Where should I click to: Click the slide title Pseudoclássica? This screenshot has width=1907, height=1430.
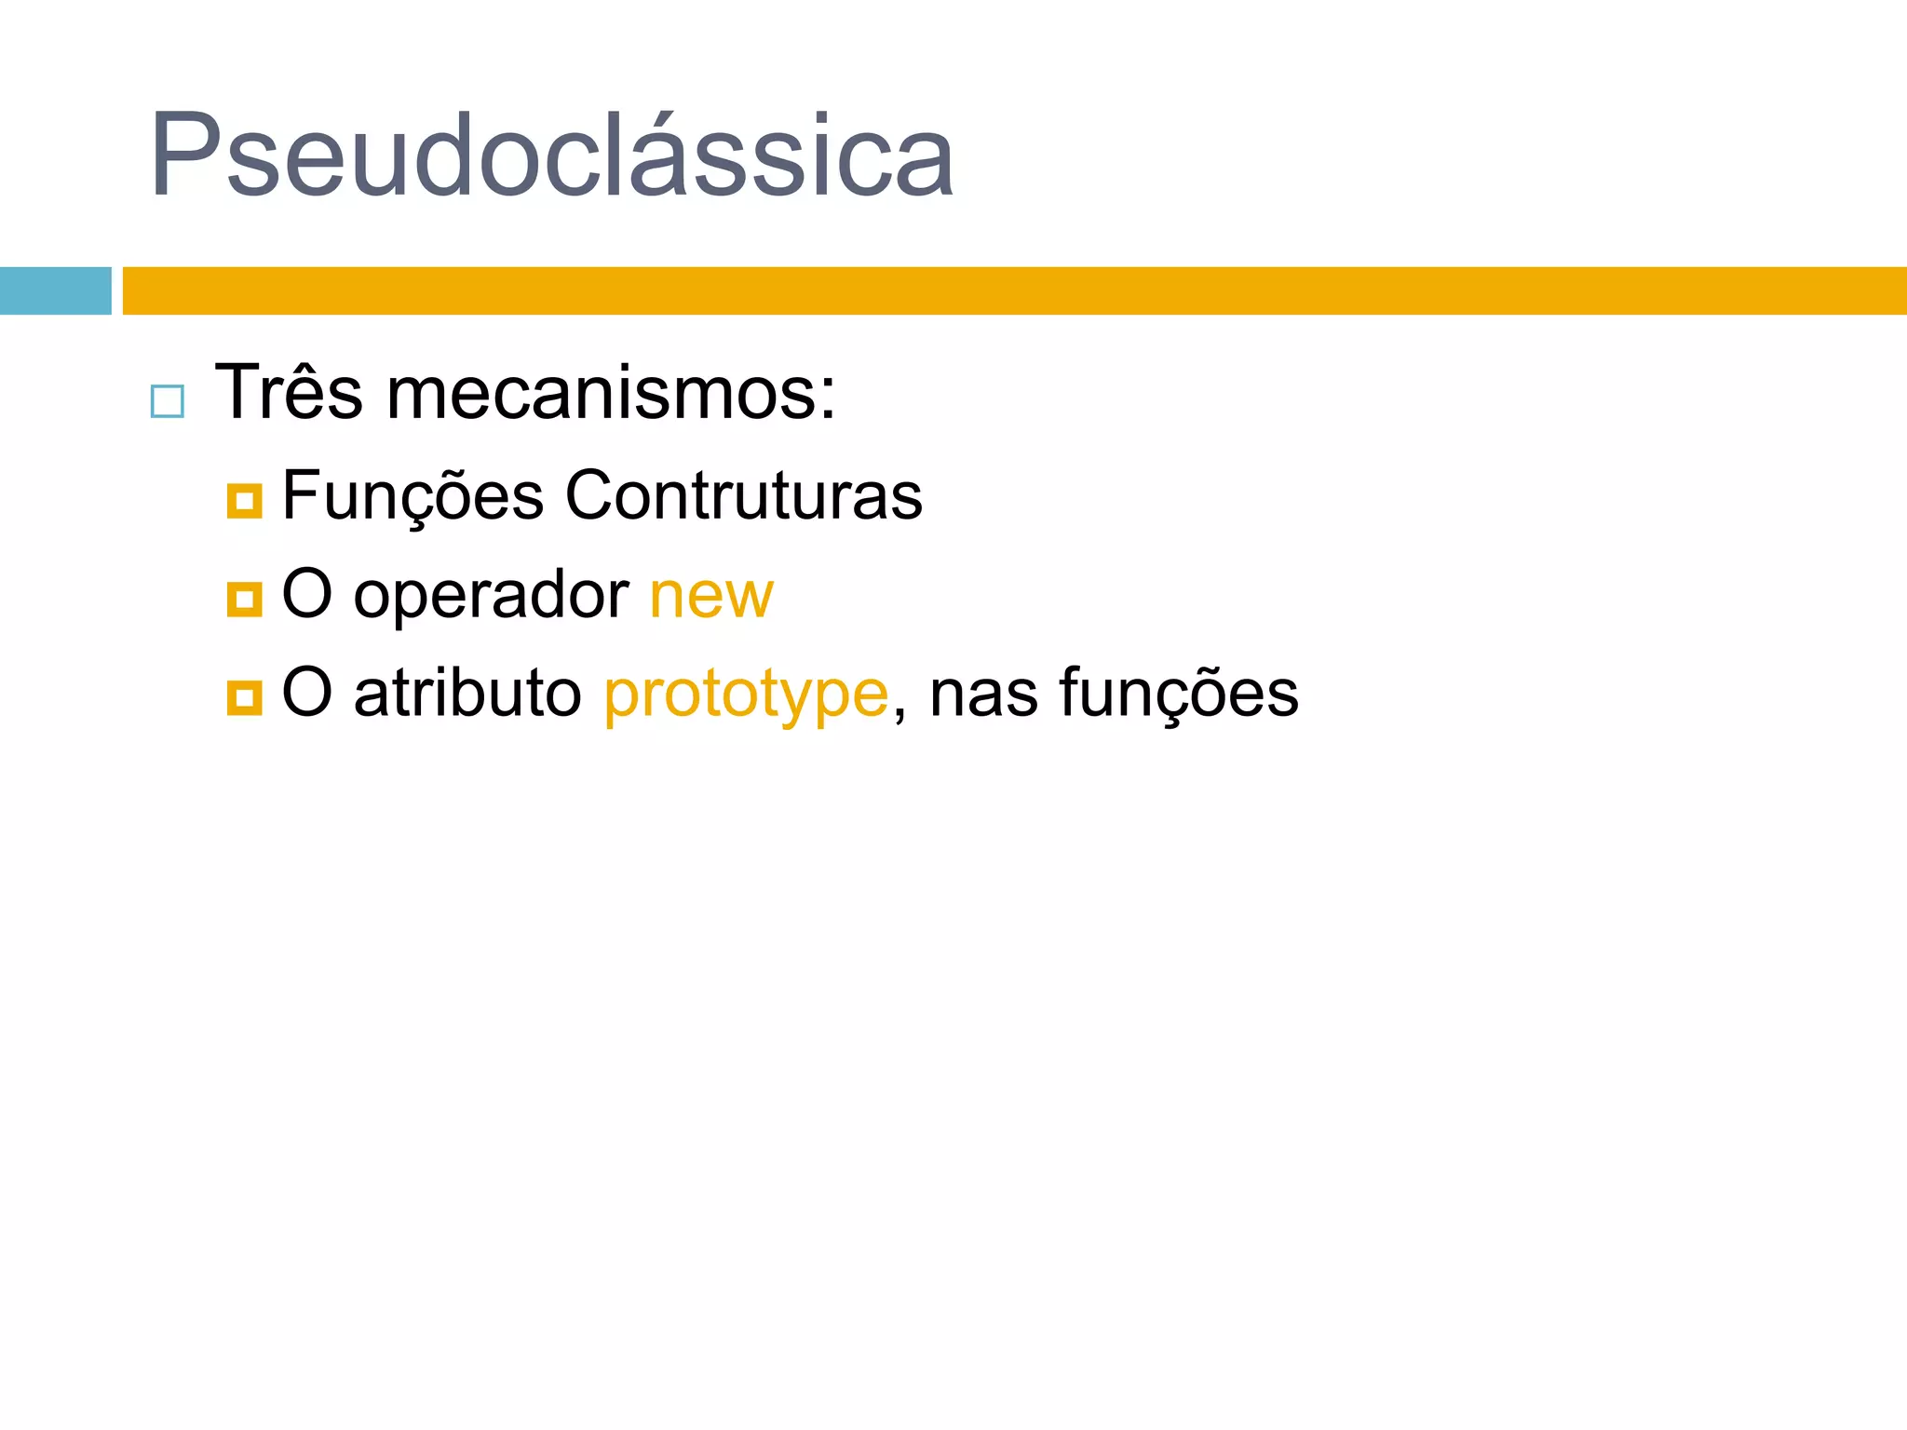(551, 156)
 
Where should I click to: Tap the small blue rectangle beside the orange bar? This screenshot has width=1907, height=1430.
(55, 290)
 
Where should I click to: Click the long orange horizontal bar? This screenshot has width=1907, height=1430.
(1013, 290)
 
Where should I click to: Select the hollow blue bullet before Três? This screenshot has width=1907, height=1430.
(168, 401)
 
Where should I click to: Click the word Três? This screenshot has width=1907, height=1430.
(289, 393)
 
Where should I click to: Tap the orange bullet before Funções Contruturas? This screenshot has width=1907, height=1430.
(244, 501)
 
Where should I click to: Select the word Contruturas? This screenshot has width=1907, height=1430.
(743, 495)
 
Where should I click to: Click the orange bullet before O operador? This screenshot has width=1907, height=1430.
(244, 600)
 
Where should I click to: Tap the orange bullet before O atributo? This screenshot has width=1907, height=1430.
(244, 697)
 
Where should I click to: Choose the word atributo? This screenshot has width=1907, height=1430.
(467, 694)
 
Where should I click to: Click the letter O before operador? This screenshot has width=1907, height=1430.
(306, 594)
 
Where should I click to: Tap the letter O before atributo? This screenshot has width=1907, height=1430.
(306, 693)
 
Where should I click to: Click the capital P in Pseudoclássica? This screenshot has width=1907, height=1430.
(183, 155)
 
